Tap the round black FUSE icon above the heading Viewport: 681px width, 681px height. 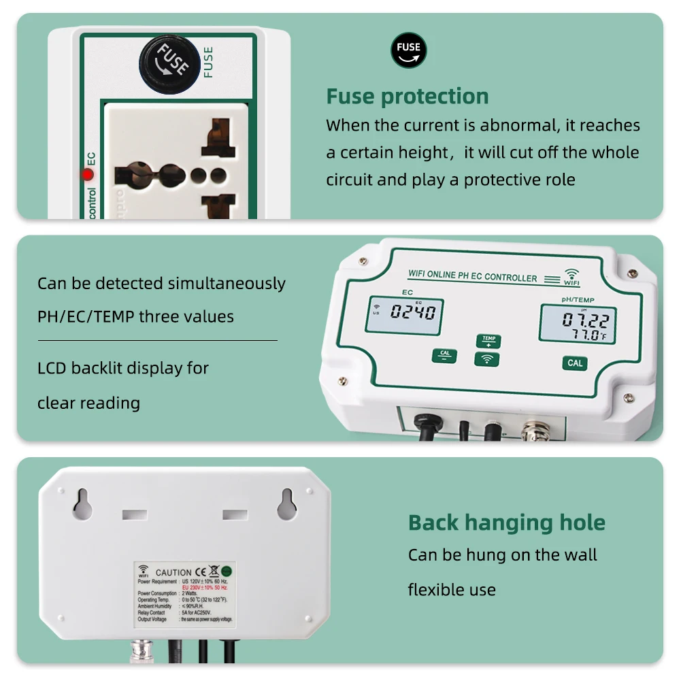pyautogui.click(x=408, y=50)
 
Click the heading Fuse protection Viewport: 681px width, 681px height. pyautogui.click(x=407, y=97)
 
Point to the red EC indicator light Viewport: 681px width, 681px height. pyautogui.click(x=88, y=174)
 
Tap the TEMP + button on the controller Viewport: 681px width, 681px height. pyautogui.click(x=487, y=341)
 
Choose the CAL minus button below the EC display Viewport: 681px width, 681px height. pyautogui.click(x=444, y=355)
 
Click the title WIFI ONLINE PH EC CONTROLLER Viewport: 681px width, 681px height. pyautogui.click(x=472, y=277)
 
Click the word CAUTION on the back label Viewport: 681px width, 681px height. pyautogui.click(x=173, y=573)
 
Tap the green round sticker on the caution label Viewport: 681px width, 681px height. pyautogui.click(x=226, y=572)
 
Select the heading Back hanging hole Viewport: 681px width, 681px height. pyautogui.click(x=506, y=523)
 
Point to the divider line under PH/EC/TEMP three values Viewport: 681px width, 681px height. pyautogui.click(x=157, y=340)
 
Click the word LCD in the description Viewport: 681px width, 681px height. pyautogui.click(x=52, y=369)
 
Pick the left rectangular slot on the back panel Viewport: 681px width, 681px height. pyautogui.click(x=135, y=515)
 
